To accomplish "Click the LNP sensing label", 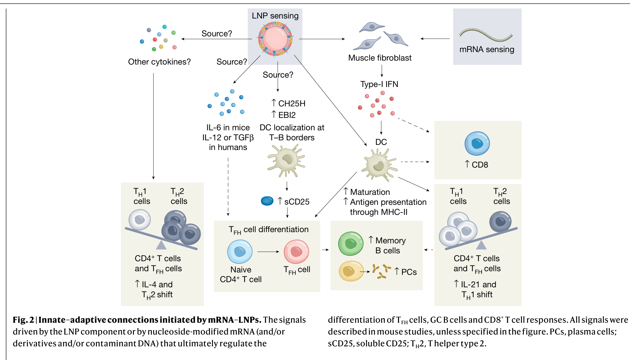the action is tap(275, 16).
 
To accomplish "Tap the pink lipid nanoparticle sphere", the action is tap(275, 39).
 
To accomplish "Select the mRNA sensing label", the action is tap(487, 49).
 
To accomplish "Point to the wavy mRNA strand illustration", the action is tap(486, 35).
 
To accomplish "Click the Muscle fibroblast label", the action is tap(380, 58).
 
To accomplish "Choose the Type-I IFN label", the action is tap(379, 84).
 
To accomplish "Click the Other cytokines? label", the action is tap(159, 62).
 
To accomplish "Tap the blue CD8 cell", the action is tap(477, 143).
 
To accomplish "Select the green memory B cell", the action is tap(351, 244).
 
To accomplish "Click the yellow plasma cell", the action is tap(351, 271).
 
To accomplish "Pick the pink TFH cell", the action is tap(296, 252).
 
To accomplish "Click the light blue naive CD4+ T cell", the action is tap(240, 252).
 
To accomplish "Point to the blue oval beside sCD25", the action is tap(267, 201).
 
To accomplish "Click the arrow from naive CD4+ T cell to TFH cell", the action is tap(268, 252).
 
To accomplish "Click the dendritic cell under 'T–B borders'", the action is tap(286, 160).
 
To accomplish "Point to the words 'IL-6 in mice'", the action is tap(228, 128).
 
